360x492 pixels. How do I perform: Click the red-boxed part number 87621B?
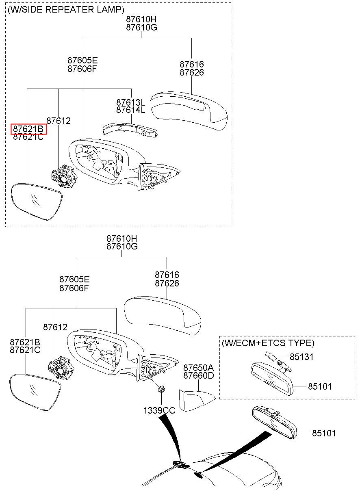[x=28, y=129]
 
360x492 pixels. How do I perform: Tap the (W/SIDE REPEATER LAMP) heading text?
[x=66, y=10]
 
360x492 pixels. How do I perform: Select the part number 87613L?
[x=131, y=102]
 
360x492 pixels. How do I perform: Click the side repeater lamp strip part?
[x=131, y=130]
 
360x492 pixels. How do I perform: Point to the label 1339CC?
[x=159, y=410]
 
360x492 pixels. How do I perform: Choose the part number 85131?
[x=301, y=357]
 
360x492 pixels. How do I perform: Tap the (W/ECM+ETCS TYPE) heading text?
[x=268, y=343]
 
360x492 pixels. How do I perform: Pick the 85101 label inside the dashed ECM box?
[x=320, y=386]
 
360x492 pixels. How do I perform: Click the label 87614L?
[x=131, y=110]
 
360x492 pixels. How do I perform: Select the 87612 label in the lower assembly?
[x=55, y=327]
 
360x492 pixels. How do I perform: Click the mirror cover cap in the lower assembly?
[x=162, y=316]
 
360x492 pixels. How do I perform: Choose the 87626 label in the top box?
[x=192, y=72]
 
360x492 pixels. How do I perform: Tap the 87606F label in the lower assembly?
[x=74, y=288]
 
